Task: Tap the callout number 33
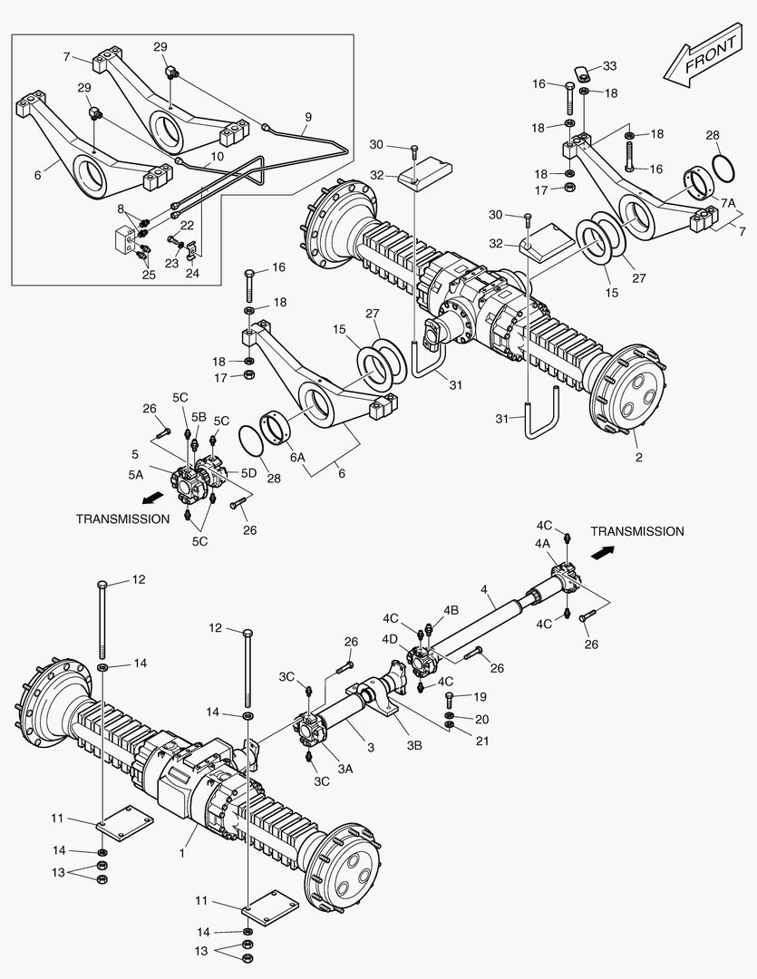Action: click(x=609, y=65)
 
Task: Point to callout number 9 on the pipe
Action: click(x=307, y=116)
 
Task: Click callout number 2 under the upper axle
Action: click(x=638, y=457)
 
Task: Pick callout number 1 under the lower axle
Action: click(x=181, y=854)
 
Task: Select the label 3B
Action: click(x=414, y=745)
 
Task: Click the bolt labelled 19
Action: click(x=451, y=699)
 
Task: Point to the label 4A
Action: click(x=542, y=544)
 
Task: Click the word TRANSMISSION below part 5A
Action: click(x=122, y=519)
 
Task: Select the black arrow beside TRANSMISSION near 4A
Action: click(x=604, y=549)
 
